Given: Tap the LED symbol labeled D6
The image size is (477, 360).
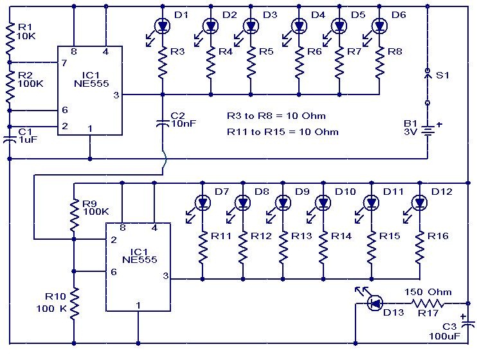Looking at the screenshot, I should point(379,26).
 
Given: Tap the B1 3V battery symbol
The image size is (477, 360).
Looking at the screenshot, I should point(427,130).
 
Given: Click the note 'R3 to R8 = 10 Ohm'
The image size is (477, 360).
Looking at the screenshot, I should point(276,116).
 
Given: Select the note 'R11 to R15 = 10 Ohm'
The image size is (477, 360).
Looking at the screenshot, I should point(282,132).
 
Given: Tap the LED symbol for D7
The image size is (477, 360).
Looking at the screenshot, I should point(203,203).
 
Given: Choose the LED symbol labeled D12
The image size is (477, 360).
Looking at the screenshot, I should point(419,203).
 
